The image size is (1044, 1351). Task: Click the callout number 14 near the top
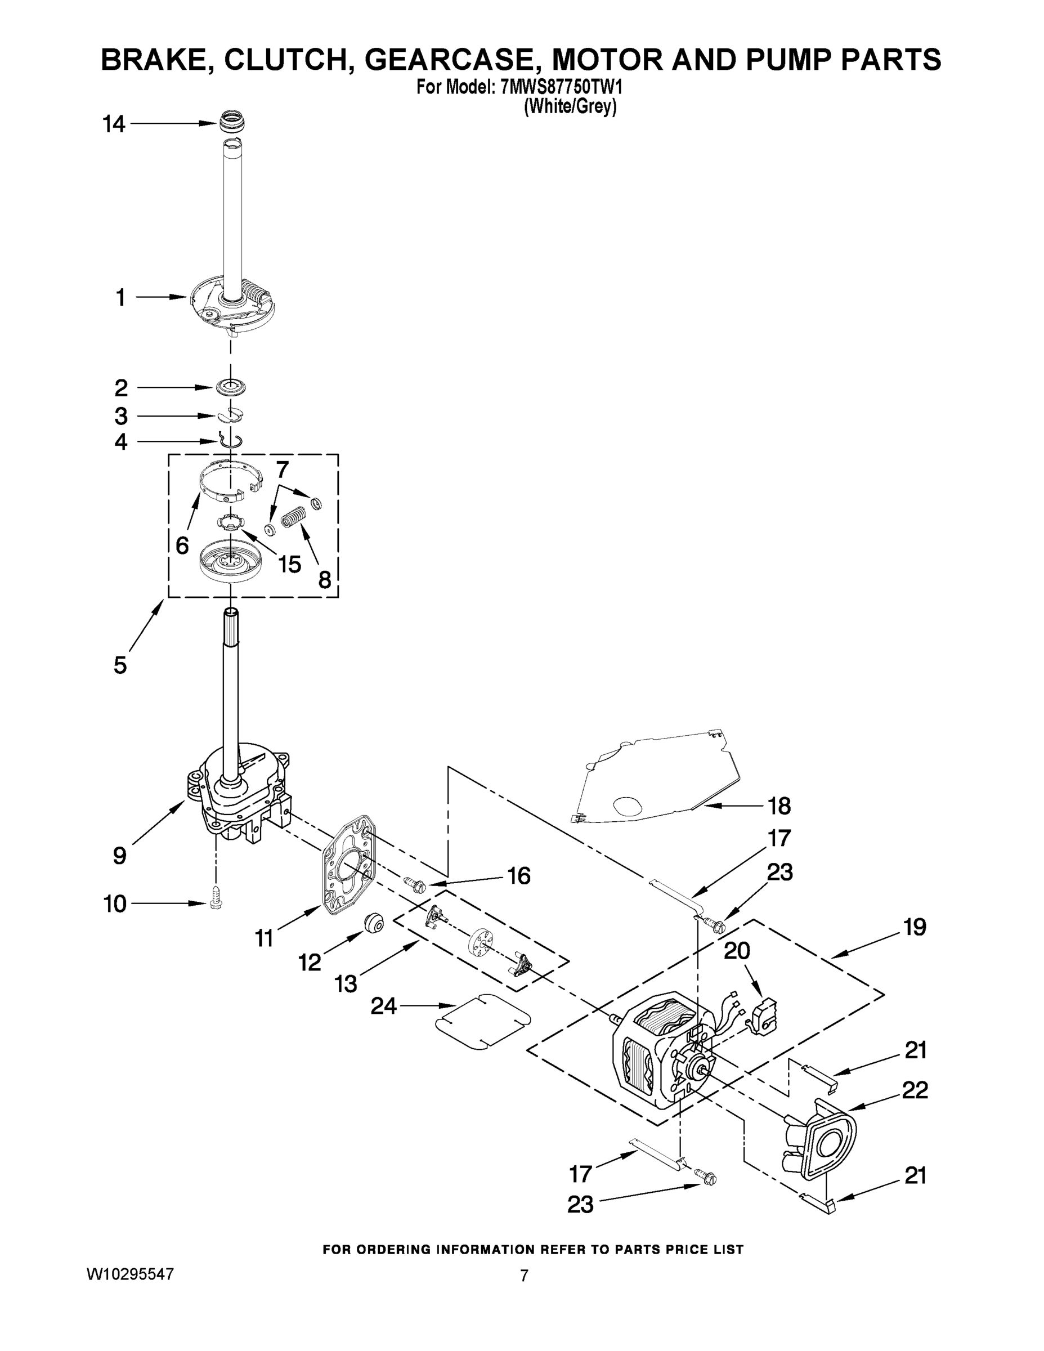(x=114, y=125)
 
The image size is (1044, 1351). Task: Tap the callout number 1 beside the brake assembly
(x=120, y=298)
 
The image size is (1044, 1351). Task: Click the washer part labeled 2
(x=232, y=387)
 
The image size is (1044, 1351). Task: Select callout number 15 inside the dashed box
(x=289, y=564)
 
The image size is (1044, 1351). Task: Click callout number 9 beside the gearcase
(x=119, y=856)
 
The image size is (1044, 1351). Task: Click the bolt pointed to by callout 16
(x=413, y=883)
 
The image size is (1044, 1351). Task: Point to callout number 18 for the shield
(x=779, y=806)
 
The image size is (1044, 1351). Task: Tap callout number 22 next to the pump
(x=915, y=1090)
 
